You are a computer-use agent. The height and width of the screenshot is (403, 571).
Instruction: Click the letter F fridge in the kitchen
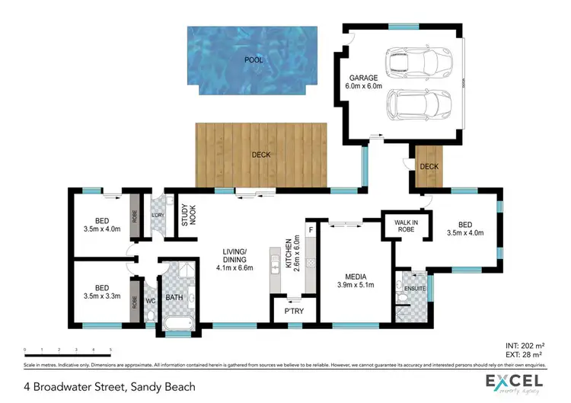click(310, 230)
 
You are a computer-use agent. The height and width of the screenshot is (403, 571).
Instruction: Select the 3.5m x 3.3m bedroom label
click(102, 292)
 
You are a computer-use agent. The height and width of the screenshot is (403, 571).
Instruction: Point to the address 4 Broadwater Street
click(109, 387)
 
